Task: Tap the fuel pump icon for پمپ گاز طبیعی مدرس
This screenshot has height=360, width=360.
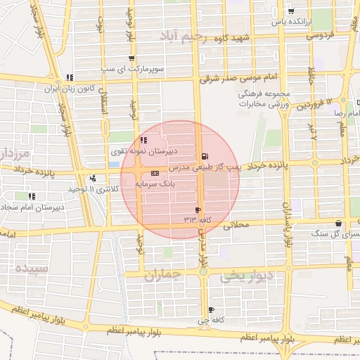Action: coord(205,156)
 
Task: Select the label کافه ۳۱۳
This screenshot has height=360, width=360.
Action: coord(198,219)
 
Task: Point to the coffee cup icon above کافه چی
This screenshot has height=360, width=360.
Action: coord(210,311)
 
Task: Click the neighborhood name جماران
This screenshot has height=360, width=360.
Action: coord(162,276)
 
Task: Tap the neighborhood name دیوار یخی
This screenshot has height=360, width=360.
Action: coord(246,276)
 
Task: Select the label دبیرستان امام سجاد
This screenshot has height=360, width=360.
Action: coord(31,207)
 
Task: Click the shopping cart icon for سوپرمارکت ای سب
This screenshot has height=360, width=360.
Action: coord(131,58)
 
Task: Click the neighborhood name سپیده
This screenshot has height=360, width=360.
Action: coord(32,268)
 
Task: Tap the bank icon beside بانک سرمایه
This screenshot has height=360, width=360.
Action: coord(154,173)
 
